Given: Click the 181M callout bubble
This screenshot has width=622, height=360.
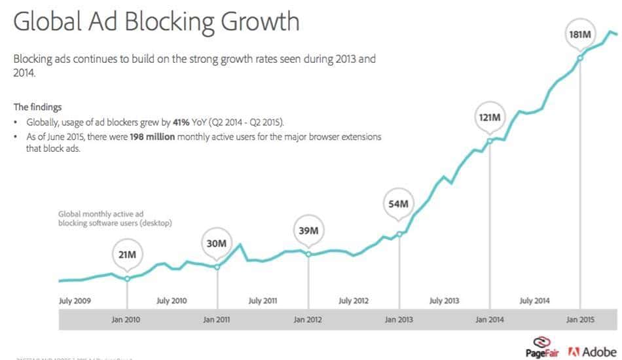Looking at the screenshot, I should [x=580, y=34].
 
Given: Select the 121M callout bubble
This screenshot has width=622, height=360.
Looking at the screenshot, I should [x=489, y=118].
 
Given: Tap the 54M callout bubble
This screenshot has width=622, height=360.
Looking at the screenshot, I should [x=399, y=204].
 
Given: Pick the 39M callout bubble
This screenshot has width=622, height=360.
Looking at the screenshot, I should [x=308, y=230].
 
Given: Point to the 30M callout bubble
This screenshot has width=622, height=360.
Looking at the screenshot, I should [x=217, y=243].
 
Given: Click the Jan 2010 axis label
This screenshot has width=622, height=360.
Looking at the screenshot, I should [x=126, y=320].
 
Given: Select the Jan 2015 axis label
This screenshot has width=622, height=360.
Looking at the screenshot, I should [x=580, y=320].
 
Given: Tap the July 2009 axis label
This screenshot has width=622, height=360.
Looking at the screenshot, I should [x=75, y=301].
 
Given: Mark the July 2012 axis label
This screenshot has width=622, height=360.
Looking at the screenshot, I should [x=354, y=301].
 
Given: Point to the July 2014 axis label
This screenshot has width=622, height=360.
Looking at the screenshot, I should [x=535, y=301].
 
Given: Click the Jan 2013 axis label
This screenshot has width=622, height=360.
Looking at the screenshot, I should [x=399, y=320].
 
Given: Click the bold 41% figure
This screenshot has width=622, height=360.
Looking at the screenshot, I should [x=182, y=122].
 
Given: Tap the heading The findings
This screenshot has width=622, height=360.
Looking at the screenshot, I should [x=38, y=107].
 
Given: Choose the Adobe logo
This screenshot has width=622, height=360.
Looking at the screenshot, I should [x=593, y=351].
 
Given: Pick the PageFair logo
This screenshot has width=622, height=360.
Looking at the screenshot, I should [x=542, y=348].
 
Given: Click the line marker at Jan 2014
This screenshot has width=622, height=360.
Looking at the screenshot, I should [x=489, y=140].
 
